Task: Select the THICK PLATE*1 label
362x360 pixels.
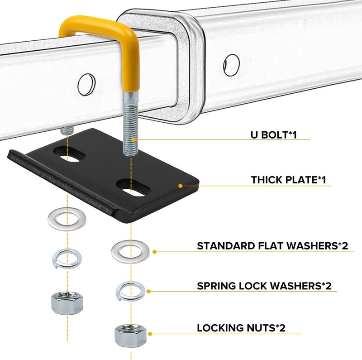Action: pos(289,180)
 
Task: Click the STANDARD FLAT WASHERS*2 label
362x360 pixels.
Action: pos(272,246)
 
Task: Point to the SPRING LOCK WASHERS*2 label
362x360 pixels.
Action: pos(264,286)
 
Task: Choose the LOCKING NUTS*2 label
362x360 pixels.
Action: pos(241,328)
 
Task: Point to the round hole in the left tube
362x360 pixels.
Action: pos(86,83)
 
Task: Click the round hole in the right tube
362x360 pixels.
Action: pos(231,64)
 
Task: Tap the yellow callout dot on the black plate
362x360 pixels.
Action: pos(180,185)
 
